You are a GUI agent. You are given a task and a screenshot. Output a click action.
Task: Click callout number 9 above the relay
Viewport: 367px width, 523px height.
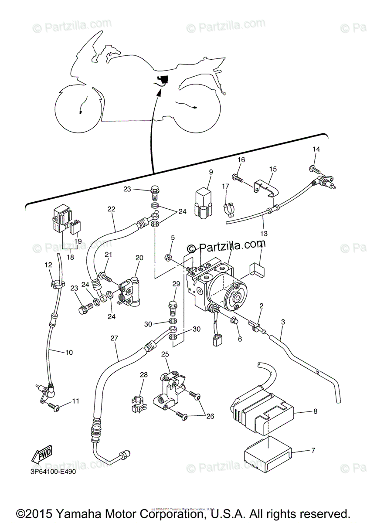tap(211, 172)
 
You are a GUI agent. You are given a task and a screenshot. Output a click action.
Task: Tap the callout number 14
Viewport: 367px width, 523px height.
tap(316, 149)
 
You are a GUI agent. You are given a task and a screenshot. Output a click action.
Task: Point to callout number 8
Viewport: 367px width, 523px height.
tap(315, 411)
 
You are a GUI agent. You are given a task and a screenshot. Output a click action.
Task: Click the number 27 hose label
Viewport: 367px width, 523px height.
tap(115, 338)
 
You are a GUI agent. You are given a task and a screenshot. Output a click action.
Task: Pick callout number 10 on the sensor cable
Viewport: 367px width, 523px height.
tap(68, 352)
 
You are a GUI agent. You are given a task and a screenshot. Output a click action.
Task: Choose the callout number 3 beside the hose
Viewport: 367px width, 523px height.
tap(283, 322)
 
